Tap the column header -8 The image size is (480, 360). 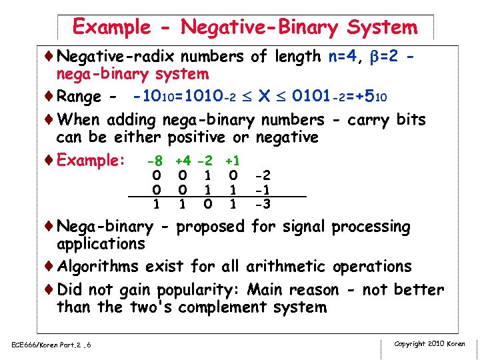coord(155,161)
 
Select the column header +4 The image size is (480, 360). coord(183,161)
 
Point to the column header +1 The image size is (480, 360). coord(233,161)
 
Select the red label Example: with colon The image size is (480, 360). coord(91,161)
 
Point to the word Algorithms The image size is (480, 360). coord(98,267)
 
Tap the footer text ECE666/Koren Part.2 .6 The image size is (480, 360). coord(51,345)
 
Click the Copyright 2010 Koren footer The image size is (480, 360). coord(429,344)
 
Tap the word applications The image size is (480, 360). coord(101,243)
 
